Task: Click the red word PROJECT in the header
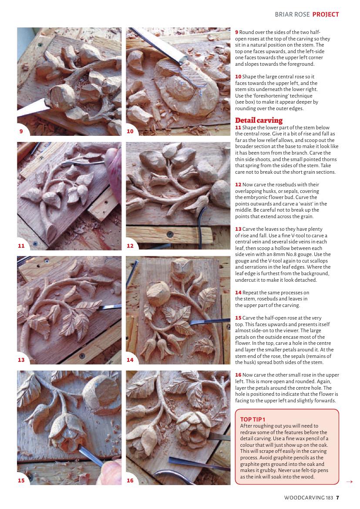[x=326, y=14]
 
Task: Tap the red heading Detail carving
[x=259, y=121]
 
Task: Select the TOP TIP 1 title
[x=252, y=419]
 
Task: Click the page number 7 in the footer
[x=338, y=497]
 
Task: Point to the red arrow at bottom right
[x=349, y=482]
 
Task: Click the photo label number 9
[x=21, y=131]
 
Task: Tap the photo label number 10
[x=130, y=131]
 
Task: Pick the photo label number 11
[x=21, y=246]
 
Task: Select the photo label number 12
[x=130, y=246]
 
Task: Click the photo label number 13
[x=21, y=360]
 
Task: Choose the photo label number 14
[x=130, y=360]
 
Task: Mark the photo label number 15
[x=21, y=480]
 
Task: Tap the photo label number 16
[x=130, y=480]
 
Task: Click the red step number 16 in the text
[x=238, y=375]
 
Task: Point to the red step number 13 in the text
[x=238, y=229]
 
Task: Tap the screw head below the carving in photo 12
[x=170, y=234]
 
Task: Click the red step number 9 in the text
[x=237, y=32]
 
